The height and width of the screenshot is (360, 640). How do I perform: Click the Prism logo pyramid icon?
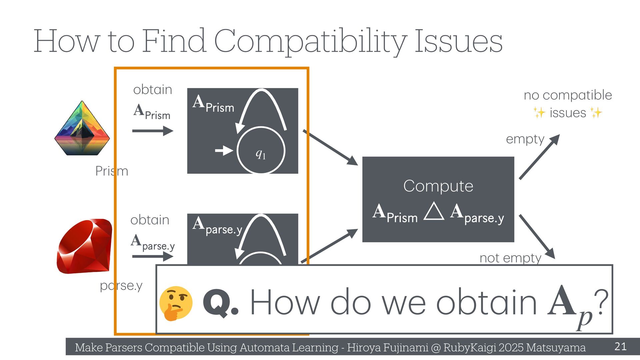(82, 128)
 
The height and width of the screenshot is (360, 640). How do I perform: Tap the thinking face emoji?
(176, 303)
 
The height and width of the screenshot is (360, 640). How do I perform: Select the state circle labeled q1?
(261, 151)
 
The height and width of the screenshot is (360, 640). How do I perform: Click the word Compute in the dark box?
(438, 186)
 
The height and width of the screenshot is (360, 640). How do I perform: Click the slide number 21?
(620, 346)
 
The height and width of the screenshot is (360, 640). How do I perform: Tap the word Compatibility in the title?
(310, 41)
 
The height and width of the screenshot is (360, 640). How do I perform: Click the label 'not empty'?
(510, 258)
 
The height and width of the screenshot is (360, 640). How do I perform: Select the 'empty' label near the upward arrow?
(525, 139)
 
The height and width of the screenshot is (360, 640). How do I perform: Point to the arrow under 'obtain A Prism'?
(153, 131)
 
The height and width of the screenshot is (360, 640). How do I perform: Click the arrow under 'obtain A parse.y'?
(153, 256)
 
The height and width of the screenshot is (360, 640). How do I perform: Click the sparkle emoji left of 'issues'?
(539, 113)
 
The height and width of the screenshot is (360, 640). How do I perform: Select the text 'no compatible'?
(568, 95)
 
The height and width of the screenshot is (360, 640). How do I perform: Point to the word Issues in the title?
(458, 41)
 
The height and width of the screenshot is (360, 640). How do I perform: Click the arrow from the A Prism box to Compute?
(330, 147)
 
